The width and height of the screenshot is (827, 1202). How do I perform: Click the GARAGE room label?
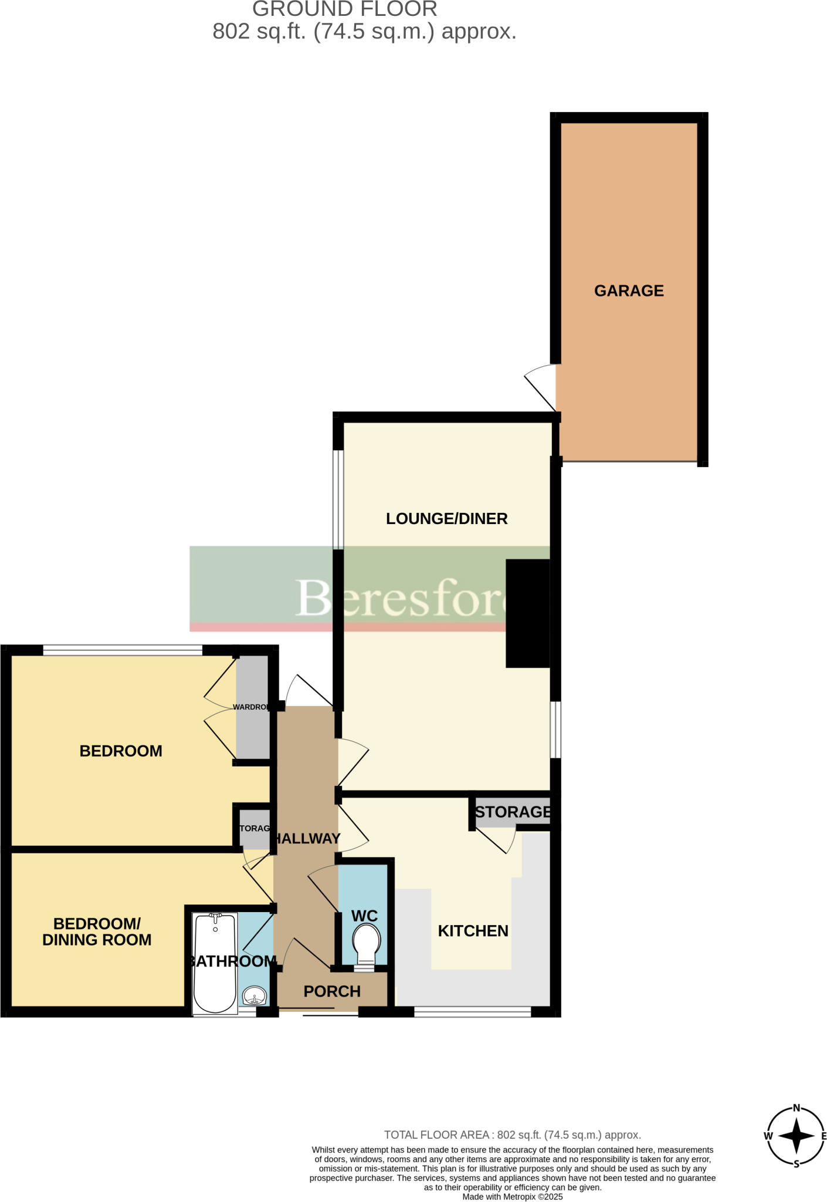[x=629, y=291]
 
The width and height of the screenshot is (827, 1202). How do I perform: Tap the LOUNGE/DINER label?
[x=446, y=519]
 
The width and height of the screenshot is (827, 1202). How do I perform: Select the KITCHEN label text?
[x=473, y=931]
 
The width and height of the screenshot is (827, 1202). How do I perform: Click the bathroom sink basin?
[x=255, y=996]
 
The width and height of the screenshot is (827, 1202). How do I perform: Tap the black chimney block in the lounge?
[x=528, y=613]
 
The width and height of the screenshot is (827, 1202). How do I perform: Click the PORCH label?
[x=332, y=991]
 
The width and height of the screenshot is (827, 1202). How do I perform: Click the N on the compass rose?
[x=796, y=1108]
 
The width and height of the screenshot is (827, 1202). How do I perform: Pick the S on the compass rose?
[x=796, y=1164]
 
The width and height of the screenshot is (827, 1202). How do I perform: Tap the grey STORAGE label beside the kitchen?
[x=513, y=812]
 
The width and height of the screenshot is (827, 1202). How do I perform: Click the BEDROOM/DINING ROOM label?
[x=97, y=931]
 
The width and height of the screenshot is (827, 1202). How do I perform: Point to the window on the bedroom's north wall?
[x=123, y=650]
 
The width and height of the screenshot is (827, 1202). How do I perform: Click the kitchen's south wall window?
[x=472, y=1011]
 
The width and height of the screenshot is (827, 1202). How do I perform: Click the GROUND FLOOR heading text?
[x=344, y=9]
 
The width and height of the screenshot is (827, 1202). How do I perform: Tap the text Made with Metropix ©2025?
[x=512, y=1197]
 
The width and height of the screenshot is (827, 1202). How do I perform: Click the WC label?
[x=364, y=916]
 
